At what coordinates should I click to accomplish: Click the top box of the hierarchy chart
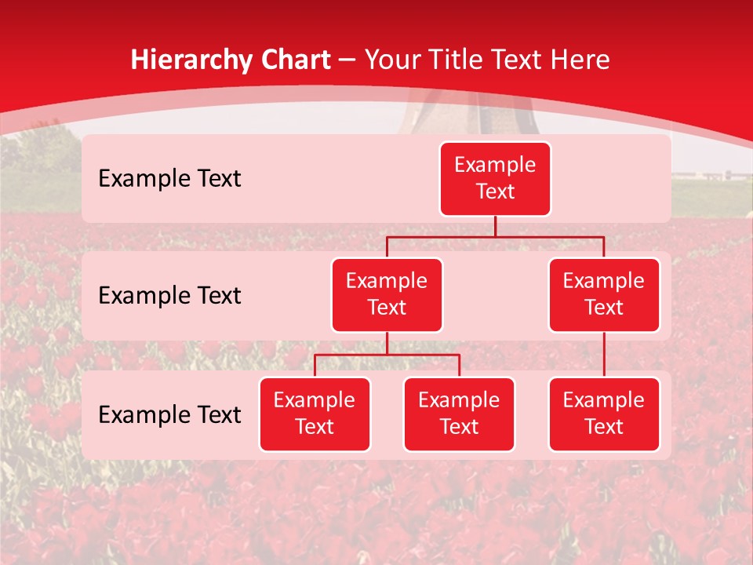(495, 178)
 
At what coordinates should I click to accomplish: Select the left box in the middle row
(387, 294)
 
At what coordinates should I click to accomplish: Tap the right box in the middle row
(604, 294)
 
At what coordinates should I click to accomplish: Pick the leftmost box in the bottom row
(315, 414)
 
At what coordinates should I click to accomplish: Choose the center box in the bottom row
(459, 414)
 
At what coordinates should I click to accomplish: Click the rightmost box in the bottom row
(604, 414)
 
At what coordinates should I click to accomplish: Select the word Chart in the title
(292, 60)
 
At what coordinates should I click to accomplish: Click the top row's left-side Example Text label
(169, 179)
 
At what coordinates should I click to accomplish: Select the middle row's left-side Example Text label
(169, 296)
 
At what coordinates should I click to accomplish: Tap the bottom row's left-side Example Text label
(169, 415)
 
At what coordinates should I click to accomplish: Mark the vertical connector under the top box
(495, 226)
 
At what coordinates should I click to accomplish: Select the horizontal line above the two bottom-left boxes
(387, 355)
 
